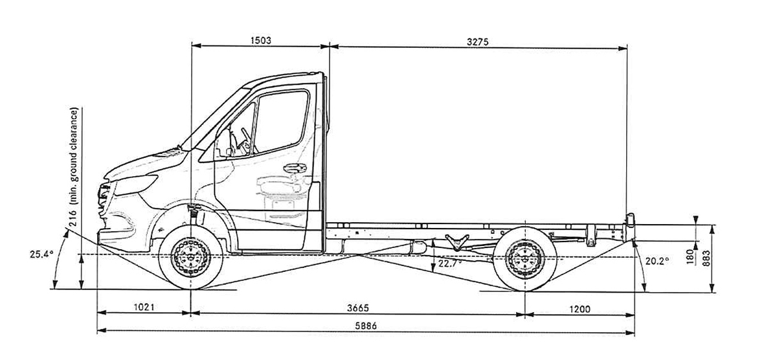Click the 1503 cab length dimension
pos(260,40)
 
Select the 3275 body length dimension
pos(478,40)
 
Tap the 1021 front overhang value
pos(143,308)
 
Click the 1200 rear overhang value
pos(580,308)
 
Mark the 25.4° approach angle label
pos(40,254)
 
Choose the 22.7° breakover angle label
pos(451,264)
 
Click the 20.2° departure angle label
pos(657,261)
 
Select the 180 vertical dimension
pos(690,256)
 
